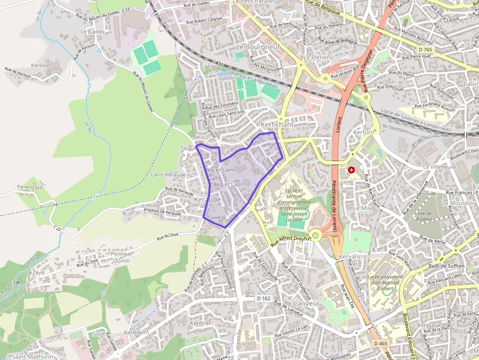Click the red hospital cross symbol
click(351, 170)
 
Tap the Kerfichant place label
click(277, 125)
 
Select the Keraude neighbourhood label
click(207, 200)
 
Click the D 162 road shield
click(263, 298)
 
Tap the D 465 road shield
click(380, 344)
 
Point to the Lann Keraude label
click(169, 174)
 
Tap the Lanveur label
click(306, 303)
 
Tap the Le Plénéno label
click(318, 57)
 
